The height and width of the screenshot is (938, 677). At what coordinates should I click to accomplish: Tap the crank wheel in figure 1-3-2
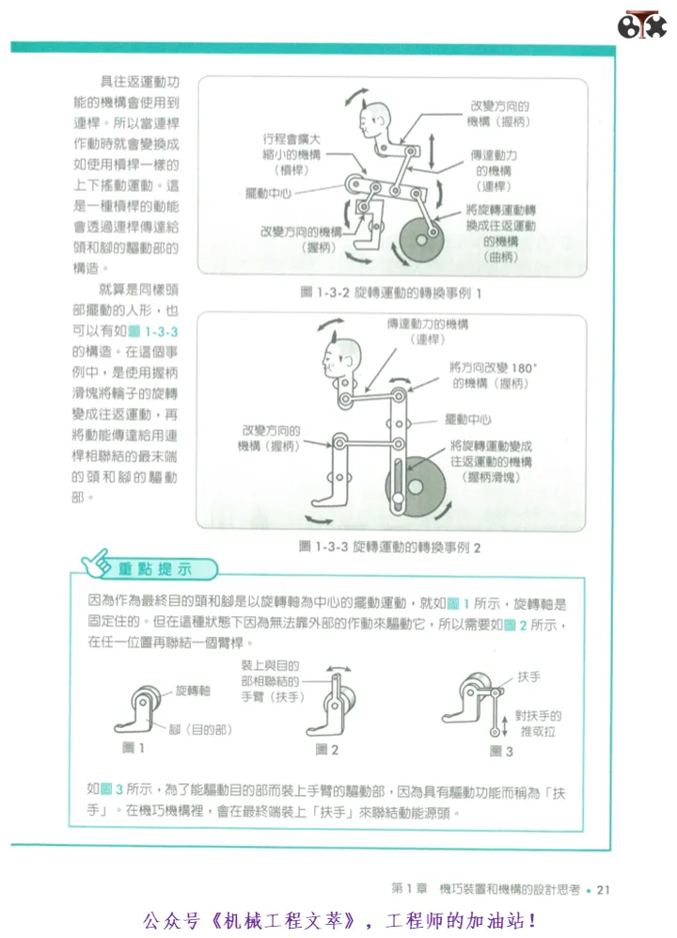pyautogui.click(x=422, y=240)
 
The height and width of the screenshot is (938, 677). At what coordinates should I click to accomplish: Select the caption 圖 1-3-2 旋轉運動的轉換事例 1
pyautogui.click(x=390, y=294)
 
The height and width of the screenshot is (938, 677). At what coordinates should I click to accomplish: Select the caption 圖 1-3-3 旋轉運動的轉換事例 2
pyautogui.click(x=389, y=548)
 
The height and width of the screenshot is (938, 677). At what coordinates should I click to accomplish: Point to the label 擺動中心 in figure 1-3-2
pyautogui.click(x=268, y=193)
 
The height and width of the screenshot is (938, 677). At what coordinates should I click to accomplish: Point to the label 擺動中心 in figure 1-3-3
pyautogui.click(x=467, y=420)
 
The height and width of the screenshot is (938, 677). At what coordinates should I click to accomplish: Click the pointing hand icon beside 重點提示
pyautogui.click(x=96, y=564)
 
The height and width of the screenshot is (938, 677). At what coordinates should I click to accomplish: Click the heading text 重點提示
pyautogui.click(x=154, y=569)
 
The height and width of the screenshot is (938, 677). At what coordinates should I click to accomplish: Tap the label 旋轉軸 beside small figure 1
pyautogui.click(x=193, y=691)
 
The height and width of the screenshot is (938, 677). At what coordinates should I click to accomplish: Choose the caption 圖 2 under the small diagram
pyautogui.click(x=326, y=750)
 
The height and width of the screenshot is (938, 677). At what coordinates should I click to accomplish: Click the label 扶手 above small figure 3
pyautogui.click(x=528, y=676)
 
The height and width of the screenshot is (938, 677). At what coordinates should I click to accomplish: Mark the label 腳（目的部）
pyautogui.click(x=200, y=730)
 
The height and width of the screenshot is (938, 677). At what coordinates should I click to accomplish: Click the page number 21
pyautogui.click(x=603, y=890)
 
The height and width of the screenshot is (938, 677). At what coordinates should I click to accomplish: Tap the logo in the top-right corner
pyautogui.click(x=641, y=25)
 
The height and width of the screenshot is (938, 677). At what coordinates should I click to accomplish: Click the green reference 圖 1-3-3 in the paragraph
pyautogui.click(x=153, y=331)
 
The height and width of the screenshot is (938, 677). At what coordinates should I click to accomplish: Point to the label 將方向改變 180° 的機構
pyautogui.click(x=493, y=375)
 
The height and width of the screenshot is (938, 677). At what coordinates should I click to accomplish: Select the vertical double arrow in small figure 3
pyautogui.click(x=505, y=727)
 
